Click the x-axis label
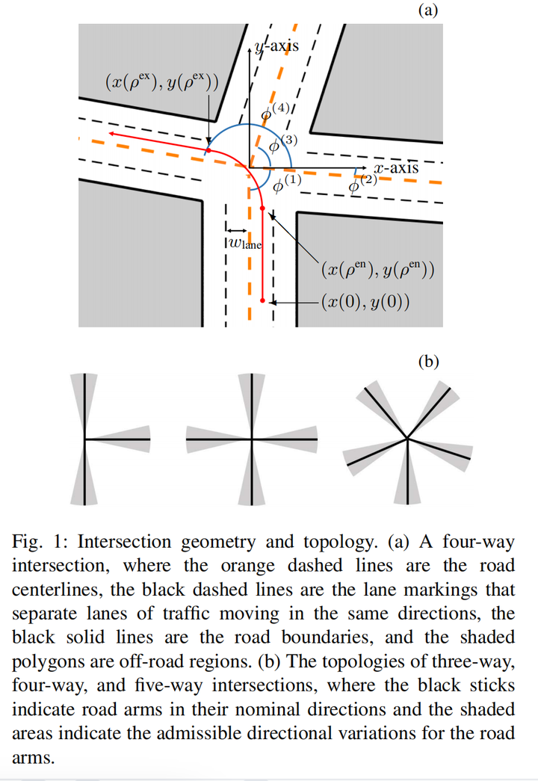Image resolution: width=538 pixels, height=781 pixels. (x=396, y=167)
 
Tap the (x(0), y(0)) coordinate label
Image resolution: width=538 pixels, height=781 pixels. (x=365, y=302)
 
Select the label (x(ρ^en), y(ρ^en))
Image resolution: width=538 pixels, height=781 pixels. (x=377, y=269)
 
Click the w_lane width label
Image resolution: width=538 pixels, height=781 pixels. (x=244, y=242)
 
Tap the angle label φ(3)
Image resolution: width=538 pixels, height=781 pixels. (x=284, y=143)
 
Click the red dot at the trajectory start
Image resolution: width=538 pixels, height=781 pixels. (x=262, y=300)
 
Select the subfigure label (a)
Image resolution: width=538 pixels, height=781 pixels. (x=428, y=10)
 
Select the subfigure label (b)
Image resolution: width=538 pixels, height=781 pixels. (x=428, y=362)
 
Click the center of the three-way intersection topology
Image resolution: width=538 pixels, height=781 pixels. (x=85, y=439)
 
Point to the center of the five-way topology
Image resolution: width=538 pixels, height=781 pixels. (x=407, y=438)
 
